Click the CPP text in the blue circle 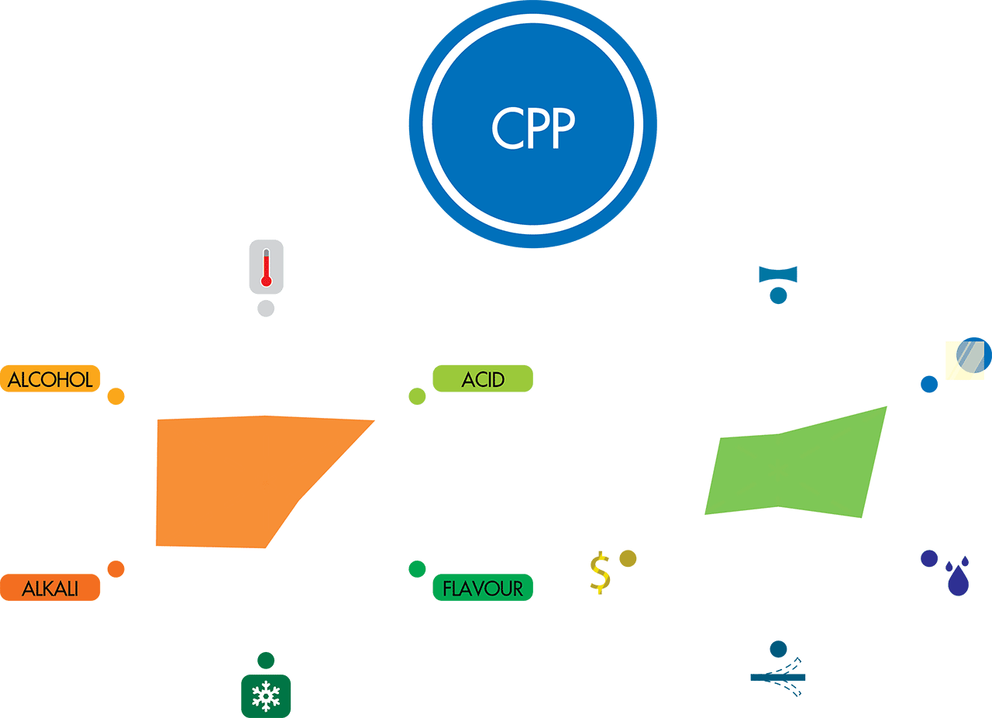click(533, 127)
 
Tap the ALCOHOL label click(50, 378)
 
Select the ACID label click(483, 378)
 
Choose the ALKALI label click(50, 588)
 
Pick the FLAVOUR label click(483, 588)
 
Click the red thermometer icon click(266, 267)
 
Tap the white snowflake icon click(266, 696)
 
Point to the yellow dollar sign click(600, 573)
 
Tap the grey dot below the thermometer click(266, 309)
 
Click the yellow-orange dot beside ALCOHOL click(115, 396)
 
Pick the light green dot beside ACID click(417, 396)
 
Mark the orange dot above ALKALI click(115, 569)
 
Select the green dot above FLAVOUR click(417, 569)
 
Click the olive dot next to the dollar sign click(628, 558)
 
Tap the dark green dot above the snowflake click(266, 661)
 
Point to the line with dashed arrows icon click(778, 677)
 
